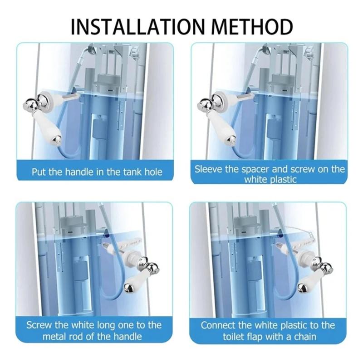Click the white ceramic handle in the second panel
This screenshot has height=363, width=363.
[221, 123]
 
